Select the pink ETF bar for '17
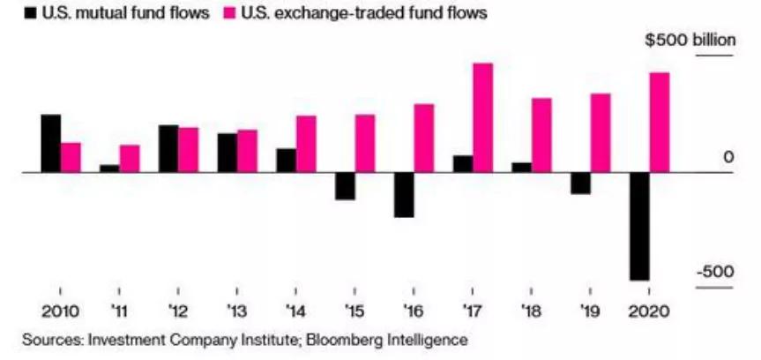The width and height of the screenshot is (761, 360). pos(482,117)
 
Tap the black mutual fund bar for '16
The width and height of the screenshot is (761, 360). pos(404,194)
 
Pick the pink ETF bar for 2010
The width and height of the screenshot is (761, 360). pos(71,157)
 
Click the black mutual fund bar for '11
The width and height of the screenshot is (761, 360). pos(109,168)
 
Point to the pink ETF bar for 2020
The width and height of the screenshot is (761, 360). pos(659,123)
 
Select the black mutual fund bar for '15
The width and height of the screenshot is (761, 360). pos(345,185)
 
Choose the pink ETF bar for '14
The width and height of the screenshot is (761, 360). pos(306,144)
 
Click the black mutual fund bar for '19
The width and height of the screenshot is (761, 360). pos(580,183)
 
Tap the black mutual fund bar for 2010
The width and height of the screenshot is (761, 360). pos(51,143)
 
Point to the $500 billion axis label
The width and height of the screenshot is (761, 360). pos(689,42)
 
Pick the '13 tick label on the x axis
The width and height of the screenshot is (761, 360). pos(235,312)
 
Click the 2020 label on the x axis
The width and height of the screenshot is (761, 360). pos(648,312)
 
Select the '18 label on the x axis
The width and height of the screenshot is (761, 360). pos(531,312)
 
